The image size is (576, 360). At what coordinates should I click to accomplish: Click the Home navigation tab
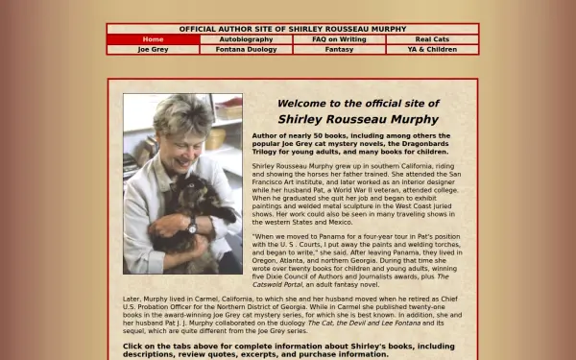click(x=153, y=39)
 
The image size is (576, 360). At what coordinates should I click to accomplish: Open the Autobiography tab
click(x=246, y=39)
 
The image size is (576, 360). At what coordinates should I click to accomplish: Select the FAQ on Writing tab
click(x=339, y=39)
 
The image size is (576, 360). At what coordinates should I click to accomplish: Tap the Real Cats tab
click(x=432, y=39)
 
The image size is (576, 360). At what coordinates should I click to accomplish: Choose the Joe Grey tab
click(x=153, y=49)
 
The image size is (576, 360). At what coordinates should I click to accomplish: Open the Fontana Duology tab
click(x=246, y=49)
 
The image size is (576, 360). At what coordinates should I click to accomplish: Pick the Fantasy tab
click(x=339, y=49)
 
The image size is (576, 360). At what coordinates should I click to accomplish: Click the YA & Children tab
click(x=432, y=49)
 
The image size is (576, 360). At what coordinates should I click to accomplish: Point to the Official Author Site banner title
click(x=292, y=29)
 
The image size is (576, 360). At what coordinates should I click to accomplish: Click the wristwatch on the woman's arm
click(x=193, y=227)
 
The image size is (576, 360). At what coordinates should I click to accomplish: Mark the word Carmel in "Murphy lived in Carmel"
click(x=214, y=299)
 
